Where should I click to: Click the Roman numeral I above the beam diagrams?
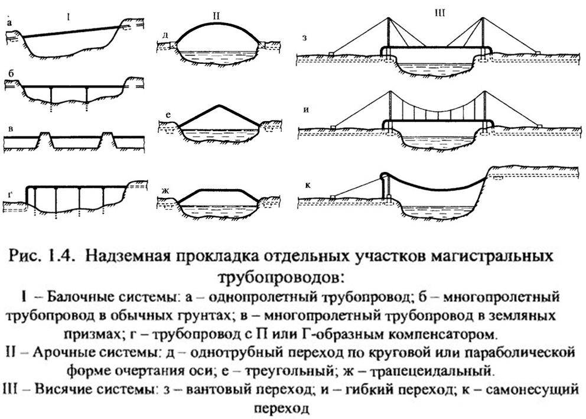[x=69, y=17]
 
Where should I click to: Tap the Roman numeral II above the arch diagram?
[x=216, y=16]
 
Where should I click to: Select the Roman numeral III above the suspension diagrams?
[x=440, y=14]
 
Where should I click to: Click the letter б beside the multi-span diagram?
[x=11, y=74]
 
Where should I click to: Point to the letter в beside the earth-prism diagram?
[x=11, y=129]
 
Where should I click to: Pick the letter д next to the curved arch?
[x=165, y=35]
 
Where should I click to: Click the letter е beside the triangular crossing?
[x=168, y=115]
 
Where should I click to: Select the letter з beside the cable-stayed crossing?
[x=305, y=38]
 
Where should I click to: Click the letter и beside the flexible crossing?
[x=306, y=111]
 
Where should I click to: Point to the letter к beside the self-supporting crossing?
[x=308, y=185]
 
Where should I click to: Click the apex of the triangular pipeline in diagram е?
[x=219, y=105]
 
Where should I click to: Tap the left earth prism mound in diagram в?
[x=44, y=139]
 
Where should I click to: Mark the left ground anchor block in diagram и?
[x=333, y=128]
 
